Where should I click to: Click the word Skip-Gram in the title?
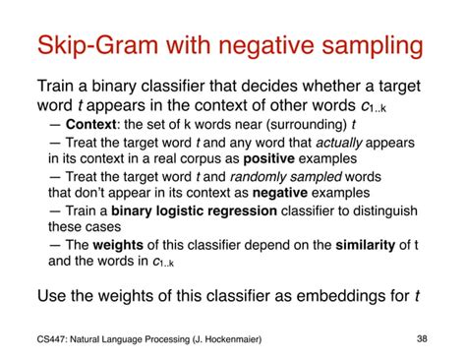pos(101,45)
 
